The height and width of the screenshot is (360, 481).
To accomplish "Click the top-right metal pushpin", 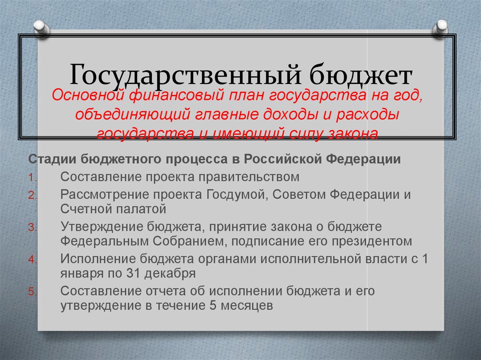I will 441,28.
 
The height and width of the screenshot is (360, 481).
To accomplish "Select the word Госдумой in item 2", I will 233,195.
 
